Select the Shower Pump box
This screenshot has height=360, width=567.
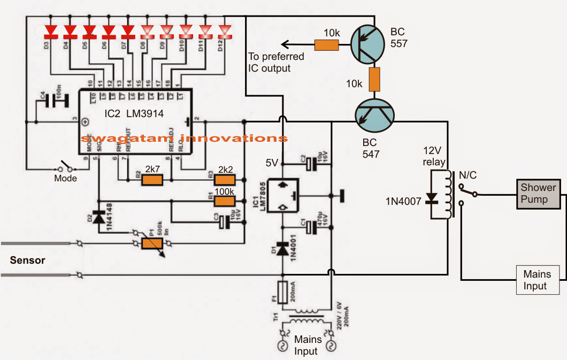(x=538, y=193)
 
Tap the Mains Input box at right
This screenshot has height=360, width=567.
(x=537, y=280)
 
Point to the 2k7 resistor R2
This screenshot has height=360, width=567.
(x=152, y=180)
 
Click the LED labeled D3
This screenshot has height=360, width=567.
(x=51, y=30)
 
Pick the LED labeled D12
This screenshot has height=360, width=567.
(x=224, y=30)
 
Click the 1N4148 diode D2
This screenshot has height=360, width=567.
(x=98, y=217)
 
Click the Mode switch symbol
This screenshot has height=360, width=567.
(x=64, y=166)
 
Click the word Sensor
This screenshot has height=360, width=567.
(x=28, y=261)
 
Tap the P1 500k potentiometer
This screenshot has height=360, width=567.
(x=152, y=244)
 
